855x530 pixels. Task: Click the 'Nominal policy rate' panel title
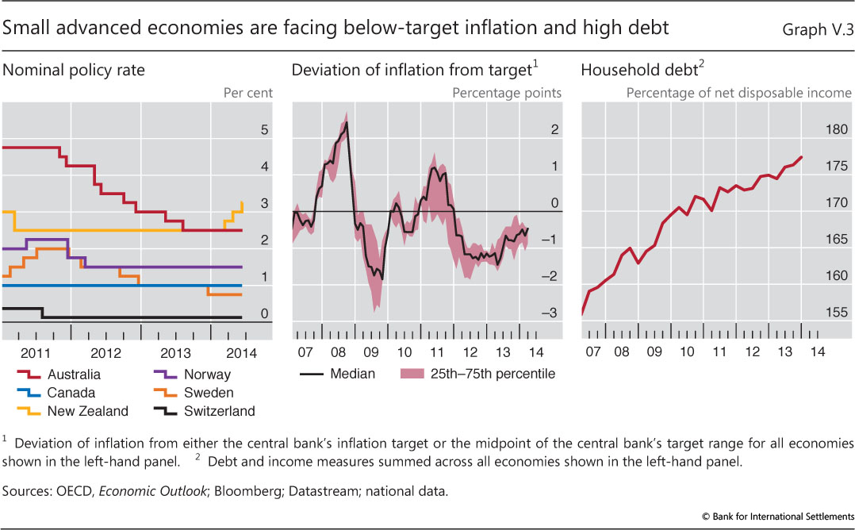tap(74, 70)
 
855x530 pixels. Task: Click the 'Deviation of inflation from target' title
tap(411, 70)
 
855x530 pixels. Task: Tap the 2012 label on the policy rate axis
tap(106, 351)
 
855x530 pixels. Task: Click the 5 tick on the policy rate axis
tap(265, 130)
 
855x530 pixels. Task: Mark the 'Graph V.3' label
tap(813, 29)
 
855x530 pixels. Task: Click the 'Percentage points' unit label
tap(507, 93)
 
